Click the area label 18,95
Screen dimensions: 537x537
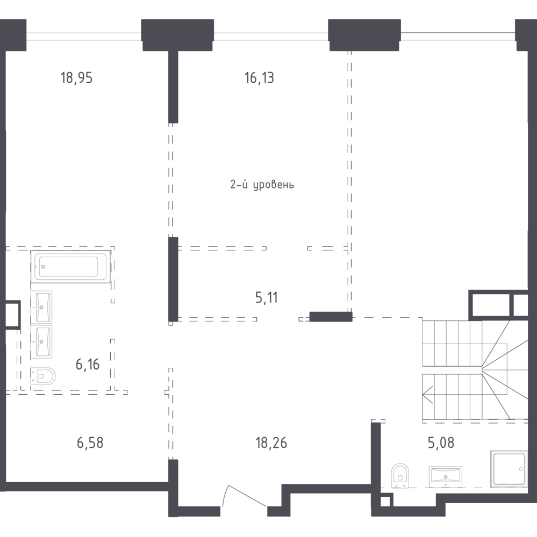coord(76,78)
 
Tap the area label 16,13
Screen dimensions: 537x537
coord(259,78)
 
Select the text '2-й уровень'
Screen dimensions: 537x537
coord(262,185)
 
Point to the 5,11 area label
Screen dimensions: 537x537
coord(267,297)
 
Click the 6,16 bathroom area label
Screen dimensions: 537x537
coord(88,365)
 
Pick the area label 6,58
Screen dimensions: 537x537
coord(90,443)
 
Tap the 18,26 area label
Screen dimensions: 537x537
coord(271,443)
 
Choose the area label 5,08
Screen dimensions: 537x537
coord(441,443)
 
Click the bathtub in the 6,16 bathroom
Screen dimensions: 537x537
coord(70,266)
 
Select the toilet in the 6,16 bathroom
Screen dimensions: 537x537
coord(43,376)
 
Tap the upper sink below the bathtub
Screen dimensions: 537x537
coord(41,307)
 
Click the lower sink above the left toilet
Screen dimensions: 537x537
coord(41,342)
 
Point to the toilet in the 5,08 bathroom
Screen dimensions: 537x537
coord(400,475)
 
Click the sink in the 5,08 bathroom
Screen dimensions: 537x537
coord(445,476)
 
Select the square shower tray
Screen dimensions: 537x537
coord(509,468)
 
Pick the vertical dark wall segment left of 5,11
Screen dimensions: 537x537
coord(173,279)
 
